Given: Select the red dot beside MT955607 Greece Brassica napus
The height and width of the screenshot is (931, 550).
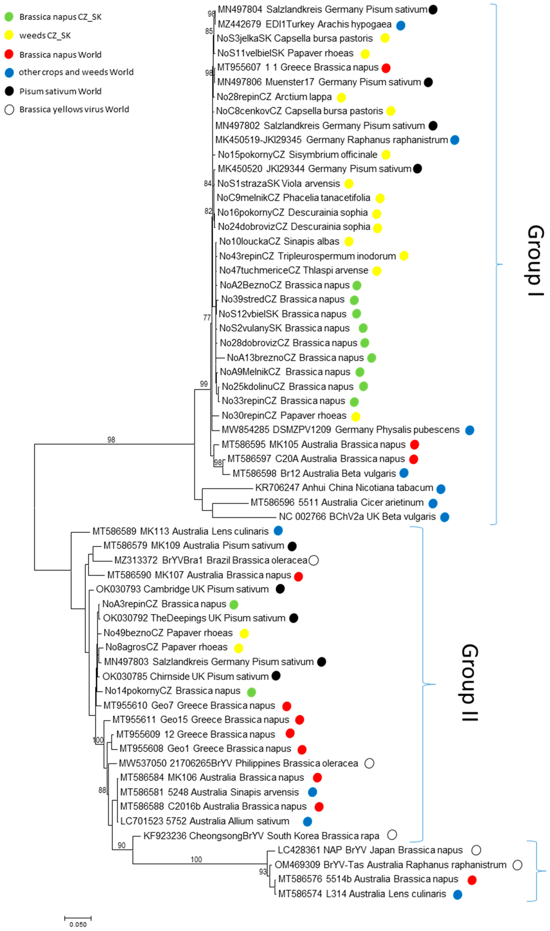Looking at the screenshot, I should click(386, 68).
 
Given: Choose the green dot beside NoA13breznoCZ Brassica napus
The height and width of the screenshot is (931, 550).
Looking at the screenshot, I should click(371, 358).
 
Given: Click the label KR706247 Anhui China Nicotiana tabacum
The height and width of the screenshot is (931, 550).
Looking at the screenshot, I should click(344, 488).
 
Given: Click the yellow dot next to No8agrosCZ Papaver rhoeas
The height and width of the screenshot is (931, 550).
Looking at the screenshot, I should click(238, 648).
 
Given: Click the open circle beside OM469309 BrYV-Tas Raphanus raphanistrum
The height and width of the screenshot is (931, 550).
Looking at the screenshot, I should click(517, 865).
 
